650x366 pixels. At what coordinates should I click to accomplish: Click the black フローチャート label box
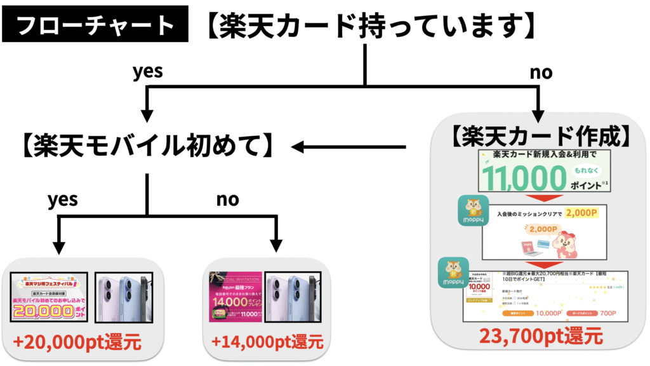(x=95, y=25)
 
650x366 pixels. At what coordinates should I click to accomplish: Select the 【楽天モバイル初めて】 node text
(x=147, y=147)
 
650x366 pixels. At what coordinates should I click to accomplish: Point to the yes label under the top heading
(x=147, y=71)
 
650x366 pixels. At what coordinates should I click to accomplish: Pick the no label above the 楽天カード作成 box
(x=541, y=72)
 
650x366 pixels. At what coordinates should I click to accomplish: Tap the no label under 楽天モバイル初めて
(x=227, y=200)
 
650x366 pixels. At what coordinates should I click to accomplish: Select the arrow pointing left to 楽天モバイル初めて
(x=349, y=148)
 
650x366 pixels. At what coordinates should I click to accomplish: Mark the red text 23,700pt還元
(x=541, y=335)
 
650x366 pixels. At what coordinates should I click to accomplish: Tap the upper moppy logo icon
(x=474, y=211)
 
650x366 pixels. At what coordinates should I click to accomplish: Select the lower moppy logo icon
(x=453, y=273)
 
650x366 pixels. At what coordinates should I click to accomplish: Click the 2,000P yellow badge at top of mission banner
(x=583, y=213)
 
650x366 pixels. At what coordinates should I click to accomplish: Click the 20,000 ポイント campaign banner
(x=50, y=298)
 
